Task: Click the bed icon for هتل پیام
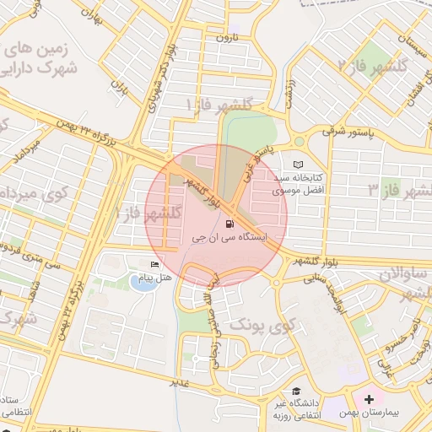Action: (x=154, y=265)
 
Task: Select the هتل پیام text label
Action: (x=154, y=278)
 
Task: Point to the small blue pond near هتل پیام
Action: (x=143, y=282)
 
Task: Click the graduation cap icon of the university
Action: (x=297, y=391)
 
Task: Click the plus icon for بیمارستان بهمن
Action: (x=369, y=398)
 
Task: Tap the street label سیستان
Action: (x=402, y=41)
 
